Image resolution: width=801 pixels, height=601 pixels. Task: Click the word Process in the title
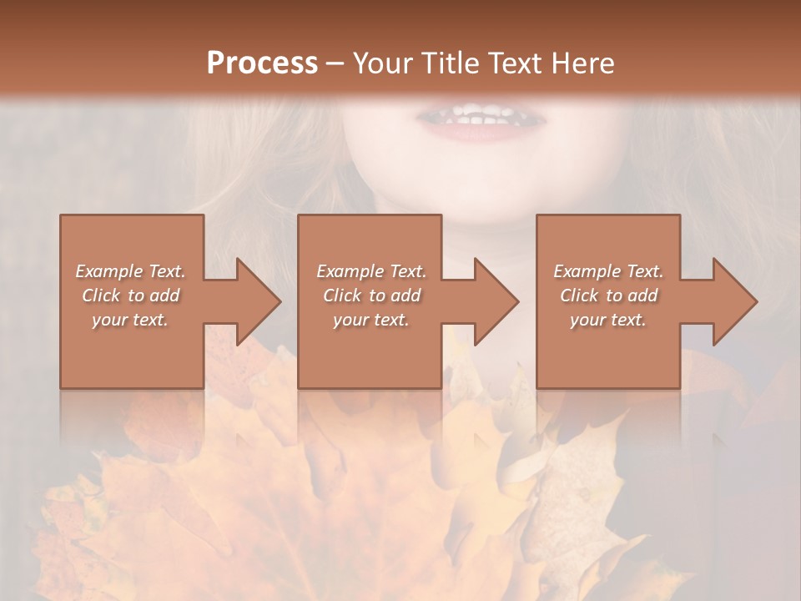pos(262,63)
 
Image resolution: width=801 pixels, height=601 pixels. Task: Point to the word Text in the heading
pos(515,63)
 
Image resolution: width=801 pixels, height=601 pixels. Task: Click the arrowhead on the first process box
pos(254,301)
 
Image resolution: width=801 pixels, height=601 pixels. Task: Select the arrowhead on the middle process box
pos(491,301)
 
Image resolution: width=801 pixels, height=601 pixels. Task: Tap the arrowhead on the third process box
pos(730,301)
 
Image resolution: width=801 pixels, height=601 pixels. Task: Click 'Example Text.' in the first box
pos(130,271)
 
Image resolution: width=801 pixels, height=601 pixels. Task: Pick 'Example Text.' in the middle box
pos(371,271)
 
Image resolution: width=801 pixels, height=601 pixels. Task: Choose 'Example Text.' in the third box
pos(608,271)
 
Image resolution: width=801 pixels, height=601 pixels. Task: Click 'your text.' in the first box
pos(130,320)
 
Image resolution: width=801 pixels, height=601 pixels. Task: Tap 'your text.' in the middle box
pos(371,320)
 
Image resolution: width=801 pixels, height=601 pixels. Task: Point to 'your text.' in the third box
pos(608,320)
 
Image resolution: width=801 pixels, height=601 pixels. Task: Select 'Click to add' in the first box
pos(130,295)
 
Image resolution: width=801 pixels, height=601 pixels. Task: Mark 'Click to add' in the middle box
pos(371,295)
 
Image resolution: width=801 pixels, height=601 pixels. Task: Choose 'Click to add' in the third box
pos(608,295)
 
